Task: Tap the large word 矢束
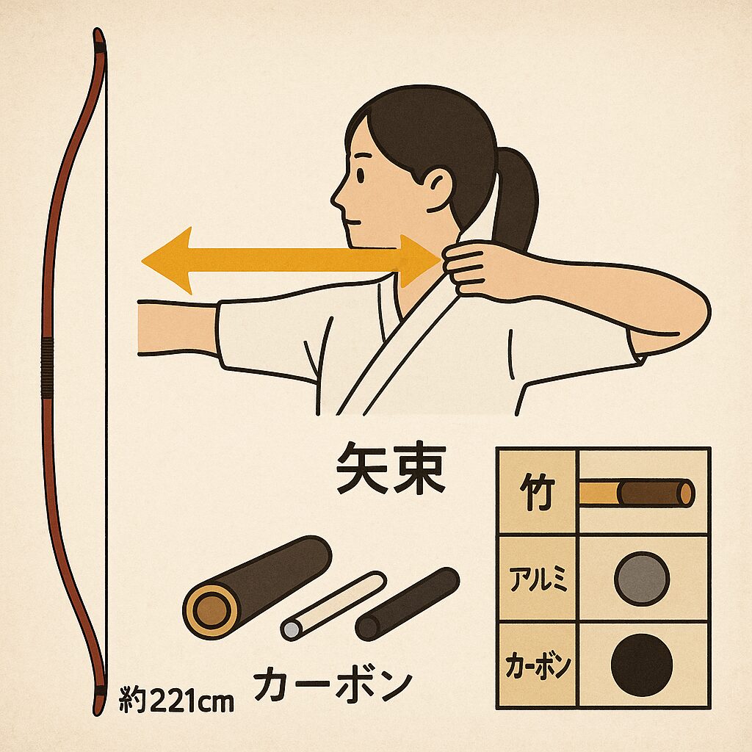[x=391, y=468]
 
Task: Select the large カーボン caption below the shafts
[x=333, y=683]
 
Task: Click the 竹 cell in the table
[x=537, y=492]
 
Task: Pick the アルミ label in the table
[x=538, y=579]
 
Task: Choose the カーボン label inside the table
[x=538, y=665]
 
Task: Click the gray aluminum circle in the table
[x=642, y=579]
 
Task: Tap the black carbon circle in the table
[x=642, y=665]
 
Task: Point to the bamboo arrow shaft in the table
[x=637, y=493]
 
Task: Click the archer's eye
[x=360, y=175]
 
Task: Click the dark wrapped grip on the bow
[x=48, y=368]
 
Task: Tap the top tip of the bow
[x=98, y=29]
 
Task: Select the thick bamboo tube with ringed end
[x=257, y=587]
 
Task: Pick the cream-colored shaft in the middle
[x=333, y=605]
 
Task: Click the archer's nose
[x=336, y=197]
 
